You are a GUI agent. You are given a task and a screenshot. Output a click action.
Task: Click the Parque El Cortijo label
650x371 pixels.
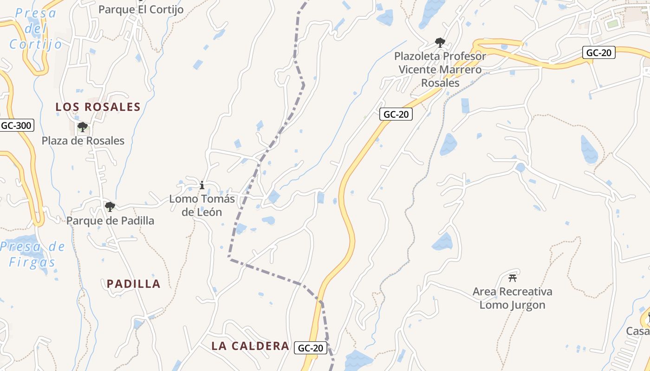(141, 9)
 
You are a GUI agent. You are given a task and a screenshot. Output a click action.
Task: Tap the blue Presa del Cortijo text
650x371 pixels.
(36, 29)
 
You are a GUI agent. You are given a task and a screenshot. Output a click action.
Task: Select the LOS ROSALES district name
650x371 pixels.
(98, 107)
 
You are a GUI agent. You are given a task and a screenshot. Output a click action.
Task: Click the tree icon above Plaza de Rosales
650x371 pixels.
(83, 127)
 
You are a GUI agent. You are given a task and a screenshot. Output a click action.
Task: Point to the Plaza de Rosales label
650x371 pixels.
(83, 141)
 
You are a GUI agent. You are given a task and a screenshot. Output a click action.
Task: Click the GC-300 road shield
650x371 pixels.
(16, 125)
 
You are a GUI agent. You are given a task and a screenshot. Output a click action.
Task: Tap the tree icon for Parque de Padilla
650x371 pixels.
(110, 206)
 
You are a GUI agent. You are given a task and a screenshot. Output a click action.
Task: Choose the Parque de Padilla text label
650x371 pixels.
(110, 220)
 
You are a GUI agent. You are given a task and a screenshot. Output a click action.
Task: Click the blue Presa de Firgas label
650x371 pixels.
(32, 254)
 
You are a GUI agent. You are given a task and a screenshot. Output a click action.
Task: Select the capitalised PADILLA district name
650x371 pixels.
(134, 284)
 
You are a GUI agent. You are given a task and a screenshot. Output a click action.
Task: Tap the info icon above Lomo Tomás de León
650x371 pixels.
(202, 185)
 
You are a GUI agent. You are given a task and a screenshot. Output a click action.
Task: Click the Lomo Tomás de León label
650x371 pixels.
(202, 205)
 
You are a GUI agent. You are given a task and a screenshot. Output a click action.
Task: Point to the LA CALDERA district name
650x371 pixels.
(250, 346)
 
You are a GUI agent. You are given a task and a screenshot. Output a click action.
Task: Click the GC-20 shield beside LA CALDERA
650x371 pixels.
(311, 348)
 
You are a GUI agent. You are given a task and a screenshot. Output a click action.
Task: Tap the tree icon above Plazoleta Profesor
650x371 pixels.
(440, 43)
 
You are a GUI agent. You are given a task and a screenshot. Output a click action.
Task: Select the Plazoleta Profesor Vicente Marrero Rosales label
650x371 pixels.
(440, 70)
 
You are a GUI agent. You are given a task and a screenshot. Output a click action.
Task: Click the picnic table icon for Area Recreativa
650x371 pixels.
(513, 278)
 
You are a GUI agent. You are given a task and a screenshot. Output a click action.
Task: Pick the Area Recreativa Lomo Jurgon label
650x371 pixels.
(513, 298)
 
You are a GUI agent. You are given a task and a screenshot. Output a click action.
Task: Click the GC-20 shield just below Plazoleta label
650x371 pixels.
(396, 114)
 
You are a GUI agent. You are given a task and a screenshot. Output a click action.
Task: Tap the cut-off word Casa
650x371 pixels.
(638, 331)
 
